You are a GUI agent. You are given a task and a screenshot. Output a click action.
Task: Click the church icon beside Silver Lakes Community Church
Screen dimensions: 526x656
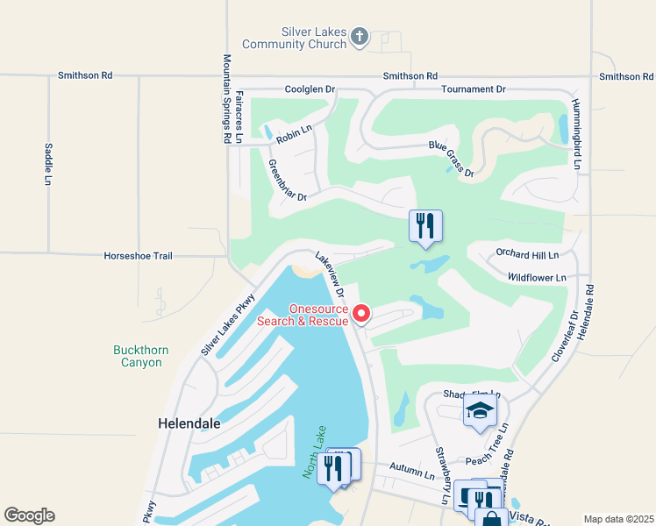coord(358,37)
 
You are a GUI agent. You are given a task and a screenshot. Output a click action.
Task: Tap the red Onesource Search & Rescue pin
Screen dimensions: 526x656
coord(360,314)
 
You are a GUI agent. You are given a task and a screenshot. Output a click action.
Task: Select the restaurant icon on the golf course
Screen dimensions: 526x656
coord(425,226)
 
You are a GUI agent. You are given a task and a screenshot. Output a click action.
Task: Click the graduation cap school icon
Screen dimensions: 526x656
coord(480,411)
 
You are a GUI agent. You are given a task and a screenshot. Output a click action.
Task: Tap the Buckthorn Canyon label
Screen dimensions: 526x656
coord(138,356)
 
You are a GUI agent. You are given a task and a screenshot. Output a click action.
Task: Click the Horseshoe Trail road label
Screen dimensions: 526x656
coord(139,256)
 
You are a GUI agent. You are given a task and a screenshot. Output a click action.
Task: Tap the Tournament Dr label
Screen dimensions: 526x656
coord(474,89)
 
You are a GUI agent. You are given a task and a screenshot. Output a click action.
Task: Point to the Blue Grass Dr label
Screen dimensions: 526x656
coord(451,159)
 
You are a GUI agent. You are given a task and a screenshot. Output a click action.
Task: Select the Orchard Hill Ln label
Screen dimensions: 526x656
coord(526,255)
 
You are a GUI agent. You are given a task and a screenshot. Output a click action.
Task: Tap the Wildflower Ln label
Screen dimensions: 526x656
coord(537,277)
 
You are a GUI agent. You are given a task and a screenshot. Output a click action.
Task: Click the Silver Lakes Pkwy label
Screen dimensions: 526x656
coord(227,323)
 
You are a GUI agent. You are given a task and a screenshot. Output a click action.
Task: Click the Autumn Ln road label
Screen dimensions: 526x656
coord(412,474)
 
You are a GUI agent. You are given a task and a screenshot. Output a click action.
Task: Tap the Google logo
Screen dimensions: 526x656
coord(29,515)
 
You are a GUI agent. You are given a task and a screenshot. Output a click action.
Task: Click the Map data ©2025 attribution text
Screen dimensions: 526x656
coord(618,519)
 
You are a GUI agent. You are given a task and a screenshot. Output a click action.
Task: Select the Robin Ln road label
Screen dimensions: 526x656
coord(294,134)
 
